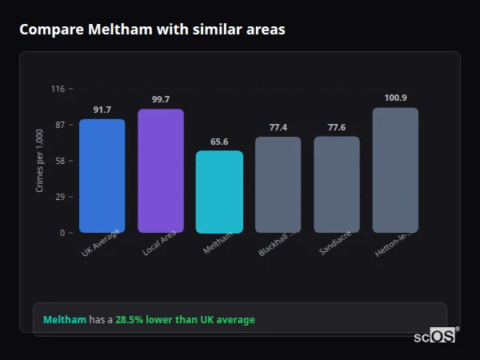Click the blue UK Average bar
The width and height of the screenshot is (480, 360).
tap(102, 176)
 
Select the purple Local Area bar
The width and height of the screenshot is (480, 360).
tap(161, 171)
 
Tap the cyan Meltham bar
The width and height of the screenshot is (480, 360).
tap(219, 192)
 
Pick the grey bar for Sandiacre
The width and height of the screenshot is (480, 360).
tap(336, 185)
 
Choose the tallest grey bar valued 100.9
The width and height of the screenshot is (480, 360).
tap(395, 170)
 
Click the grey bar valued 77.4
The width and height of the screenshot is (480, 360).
tap(278, 185)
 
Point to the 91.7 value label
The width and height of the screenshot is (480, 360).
tap(102, 110)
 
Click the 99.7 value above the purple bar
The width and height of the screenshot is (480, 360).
tap(161, 99)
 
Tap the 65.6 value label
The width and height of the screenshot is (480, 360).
tap(219, 142)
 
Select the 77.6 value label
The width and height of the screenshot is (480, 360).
tap(336, 127)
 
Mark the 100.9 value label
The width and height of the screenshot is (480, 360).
tap(395, 98)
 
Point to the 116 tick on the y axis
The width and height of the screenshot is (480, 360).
tap(58, 89)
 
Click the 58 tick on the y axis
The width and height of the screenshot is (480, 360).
tap(60, 161)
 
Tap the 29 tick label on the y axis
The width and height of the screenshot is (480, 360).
tap(60, 197)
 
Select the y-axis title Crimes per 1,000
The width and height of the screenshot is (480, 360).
tap(40, 161)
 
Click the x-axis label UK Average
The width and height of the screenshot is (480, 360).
tap(101, 243)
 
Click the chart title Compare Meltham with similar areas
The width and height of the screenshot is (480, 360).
tap(152, 30)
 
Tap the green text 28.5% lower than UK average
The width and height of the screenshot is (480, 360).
tap(185, 320)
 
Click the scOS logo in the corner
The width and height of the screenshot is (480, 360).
tap(435, 336)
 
